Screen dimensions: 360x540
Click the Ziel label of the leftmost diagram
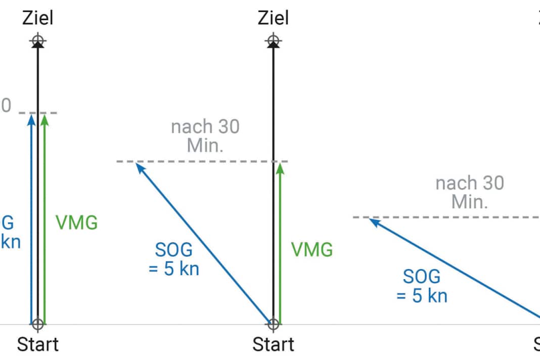37,18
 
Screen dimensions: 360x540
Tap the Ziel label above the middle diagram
273,18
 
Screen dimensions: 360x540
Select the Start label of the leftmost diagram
37,344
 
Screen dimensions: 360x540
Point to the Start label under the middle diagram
273,344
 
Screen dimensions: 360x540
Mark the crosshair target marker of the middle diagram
273,40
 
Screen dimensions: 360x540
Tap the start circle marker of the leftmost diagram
37,324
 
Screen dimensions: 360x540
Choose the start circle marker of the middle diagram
273,324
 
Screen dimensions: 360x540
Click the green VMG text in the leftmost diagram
76,223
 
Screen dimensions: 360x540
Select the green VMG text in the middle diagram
312,249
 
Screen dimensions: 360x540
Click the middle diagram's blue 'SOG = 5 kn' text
174,259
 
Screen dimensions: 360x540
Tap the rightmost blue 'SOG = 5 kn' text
422,286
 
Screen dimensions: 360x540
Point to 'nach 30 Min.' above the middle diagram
205,136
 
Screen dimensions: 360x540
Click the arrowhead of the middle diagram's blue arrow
139,166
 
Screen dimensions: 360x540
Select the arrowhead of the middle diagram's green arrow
280,168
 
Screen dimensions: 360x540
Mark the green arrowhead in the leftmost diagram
44,119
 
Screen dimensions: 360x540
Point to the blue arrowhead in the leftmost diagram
31,119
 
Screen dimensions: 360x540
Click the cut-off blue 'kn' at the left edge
10,241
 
